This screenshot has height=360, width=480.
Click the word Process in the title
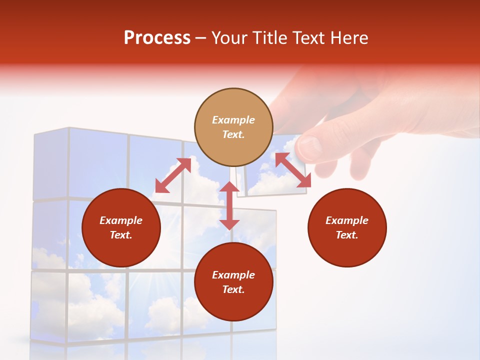[157, 38]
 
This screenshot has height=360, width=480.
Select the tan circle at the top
[233, 127]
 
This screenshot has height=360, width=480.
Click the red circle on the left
[121, 227]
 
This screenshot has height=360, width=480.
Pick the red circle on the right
[347, 227]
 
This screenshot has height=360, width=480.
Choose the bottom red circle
[233, 282]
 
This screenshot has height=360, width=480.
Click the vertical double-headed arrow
[229, 205]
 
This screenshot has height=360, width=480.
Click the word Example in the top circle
[233, 120]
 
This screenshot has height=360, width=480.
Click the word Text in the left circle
[121, 235]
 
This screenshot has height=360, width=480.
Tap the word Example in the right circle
[347, 220]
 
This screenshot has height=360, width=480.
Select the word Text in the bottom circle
[233, 289]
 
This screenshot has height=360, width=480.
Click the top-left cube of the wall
[50, 165]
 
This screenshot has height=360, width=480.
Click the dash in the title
[201, 38]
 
